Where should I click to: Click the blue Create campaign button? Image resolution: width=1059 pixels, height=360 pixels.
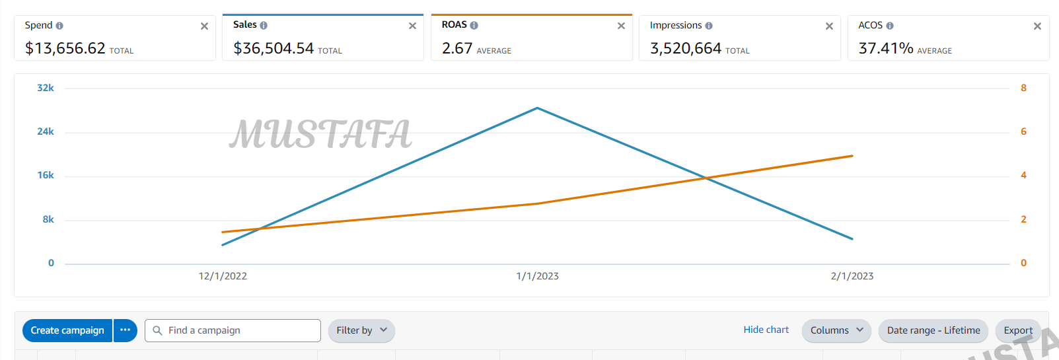(x=67, y=330)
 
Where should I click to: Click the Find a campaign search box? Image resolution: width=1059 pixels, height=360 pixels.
(x=233, y=330)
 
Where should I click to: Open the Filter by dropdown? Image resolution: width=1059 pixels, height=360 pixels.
(x=361, y=330)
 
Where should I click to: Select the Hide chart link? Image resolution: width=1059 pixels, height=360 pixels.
(x=766, y=330)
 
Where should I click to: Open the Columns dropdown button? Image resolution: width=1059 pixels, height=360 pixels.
(x=836, y=330)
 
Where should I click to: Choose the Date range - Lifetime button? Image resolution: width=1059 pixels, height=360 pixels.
(x=933, y=330)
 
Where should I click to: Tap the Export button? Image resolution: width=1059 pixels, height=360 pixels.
(x=1018, y=330)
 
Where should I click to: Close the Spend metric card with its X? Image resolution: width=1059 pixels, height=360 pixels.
(x=204, y=26)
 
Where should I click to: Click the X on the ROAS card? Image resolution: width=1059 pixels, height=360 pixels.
(x=621, y=26)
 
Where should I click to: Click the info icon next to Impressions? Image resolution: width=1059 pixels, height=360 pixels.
(x=709, y=26)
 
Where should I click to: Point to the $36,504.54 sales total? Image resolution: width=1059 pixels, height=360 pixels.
(x=274, y=48)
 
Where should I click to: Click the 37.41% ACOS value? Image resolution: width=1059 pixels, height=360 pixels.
(x=885, y=48)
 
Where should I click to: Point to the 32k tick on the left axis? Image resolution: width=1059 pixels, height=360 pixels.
(x=46, y=88)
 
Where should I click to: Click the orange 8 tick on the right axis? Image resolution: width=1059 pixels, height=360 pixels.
(x=1023, y=88)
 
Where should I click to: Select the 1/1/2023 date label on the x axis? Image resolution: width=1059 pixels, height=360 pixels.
(x=537, y=276)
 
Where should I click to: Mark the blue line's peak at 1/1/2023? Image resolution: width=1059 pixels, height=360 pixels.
(x=537, y=108)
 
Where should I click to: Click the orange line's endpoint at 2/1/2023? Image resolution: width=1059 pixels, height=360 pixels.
(x=852, y=156)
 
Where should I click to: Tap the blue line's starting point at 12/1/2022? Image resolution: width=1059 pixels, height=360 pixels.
(x=223, y=245)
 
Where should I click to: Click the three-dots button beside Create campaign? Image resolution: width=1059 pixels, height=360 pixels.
(x=125, y=330)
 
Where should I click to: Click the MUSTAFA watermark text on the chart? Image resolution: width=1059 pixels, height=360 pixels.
(x=320, y=134)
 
